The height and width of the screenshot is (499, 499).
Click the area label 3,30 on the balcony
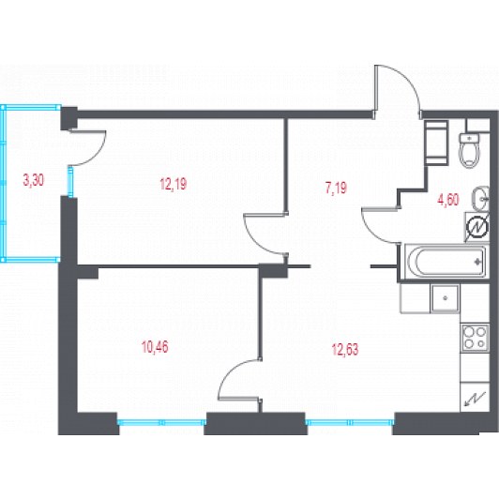click(x=34, y=180)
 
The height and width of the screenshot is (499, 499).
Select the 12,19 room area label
click(x=174, y=184)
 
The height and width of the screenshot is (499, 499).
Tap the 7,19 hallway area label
click(x=336, y=188)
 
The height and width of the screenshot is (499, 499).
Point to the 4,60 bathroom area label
click(x=448, y=200)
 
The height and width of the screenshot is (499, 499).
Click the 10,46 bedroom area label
click(x=155, y=347)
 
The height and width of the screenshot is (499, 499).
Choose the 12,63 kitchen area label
click(x=345, y=350)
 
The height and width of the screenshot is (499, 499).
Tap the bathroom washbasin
click(x=480, y=199)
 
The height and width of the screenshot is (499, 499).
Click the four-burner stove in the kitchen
click(x=476, y=338)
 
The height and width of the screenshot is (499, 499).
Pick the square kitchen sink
click(x=445, y=298)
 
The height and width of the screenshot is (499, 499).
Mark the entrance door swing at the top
click(x=397, y=88)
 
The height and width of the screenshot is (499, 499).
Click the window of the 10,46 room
click(x=161, y=422)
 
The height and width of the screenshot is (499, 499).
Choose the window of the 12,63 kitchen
click(x=350, y=422)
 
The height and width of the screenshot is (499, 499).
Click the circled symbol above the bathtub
click(x=477, y=227)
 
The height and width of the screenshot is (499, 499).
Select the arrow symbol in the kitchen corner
click(x=476, y=399)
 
